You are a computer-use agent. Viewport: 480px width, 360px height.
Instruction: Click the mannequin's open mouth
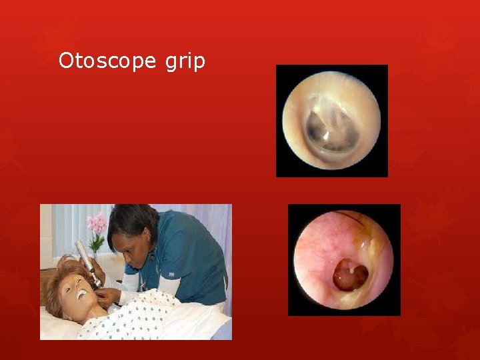tap(81, 293)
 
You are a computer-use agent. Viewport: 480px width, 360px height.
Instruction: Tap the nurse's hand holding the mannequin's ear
tap(107, 294)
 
